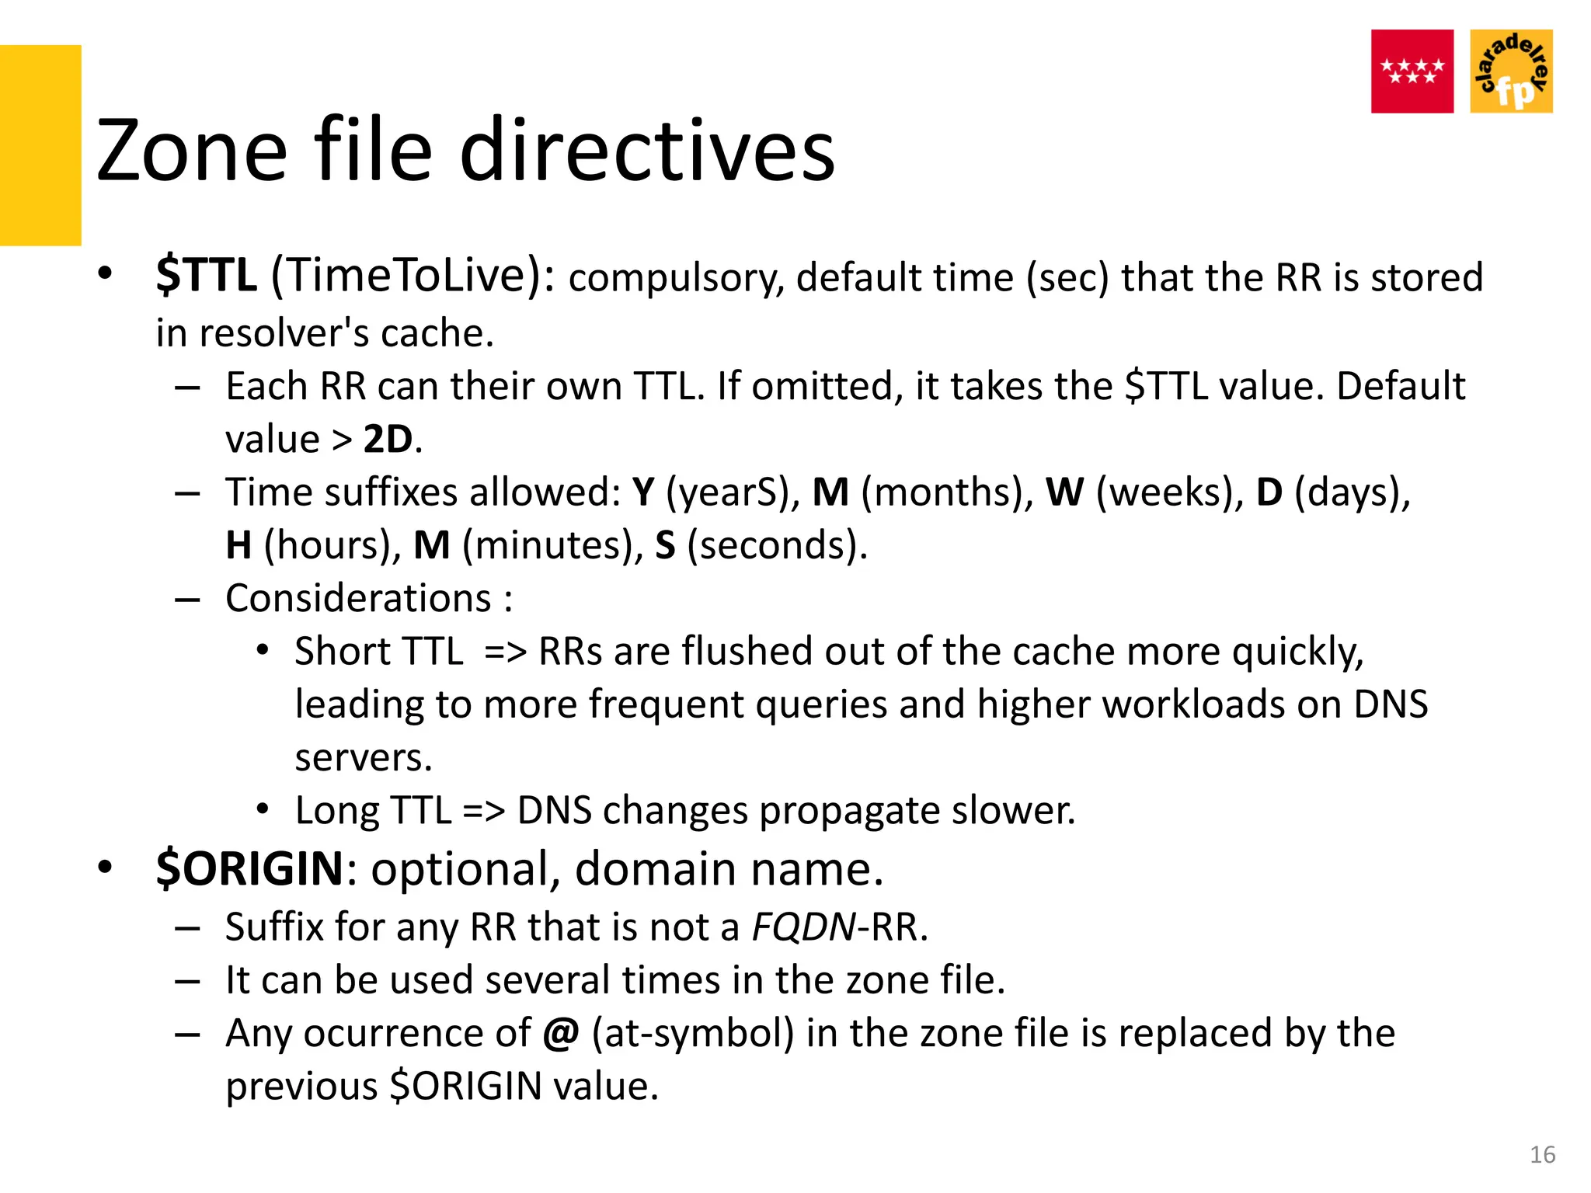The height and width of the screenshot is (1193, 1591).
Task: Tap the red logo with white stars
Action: (x=1412, y=71)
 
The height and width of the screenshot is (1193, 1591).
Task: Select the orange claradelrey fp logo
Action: (x=1511, y=71)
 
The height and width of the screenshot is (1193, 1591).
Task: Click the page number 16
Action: (x=1542, y=1155)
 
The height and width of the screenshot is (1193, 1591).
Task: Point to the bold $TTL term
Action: (x=206, y=276)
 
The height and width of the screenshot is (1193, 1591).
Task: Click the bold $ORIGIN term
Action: (x=249, y=868)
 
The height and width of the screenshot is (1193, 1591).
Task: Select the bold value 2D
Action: (x=388, y=440)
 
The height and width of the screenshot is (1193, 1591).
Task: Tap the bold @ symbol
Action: (x=561, y=1034)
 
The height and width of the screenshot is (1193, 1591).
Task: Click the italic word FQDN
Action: (x=803, y=927)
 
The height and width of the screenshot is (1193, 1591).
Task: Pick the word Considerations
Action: (x=358, y=599)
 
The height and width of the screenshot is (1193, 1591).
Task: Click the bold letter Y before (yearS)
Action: (x=643, y=492)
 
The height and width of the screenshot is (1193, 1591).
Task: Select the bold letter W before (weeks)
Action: (x=1064, y=492)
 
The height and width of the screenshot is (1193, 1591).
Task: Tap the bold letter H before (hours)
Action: (x=238, y=545)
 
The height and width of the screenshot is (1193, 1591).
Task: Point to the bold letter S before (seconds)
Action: (x=665, y=545)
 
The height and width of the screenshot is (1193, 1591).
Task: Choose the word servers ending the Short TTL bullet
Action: (x=363, y=757)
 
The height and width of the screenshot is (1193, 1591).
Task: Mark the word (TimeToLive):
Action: (x=413, y=276)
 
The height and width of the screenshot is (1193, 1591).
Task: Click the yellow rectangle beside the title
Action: (x=40, y=145)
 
